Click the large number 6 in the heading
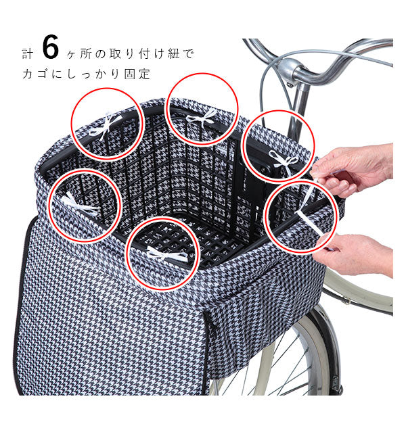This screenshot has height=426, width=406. pyautogui.click(x=51, y=47)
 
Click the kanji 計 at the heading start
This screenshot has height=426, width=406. pyautogui.click(x=28, y=54)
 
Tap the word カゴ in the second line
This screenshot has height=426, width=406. pyautogui.click(x=35, y=74)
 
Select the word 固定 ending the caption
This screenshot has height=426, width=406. pyautogui.click(x=137, y=74)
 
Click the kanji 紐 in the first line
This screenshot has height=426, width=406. pyautogui.click(x=174, y=53)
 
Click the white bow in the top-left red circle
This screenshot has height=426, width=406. pyautogui.click(x=106, y=126)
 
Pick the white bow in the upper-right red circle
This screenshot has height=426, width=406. pyautogui.click(x=284, y=162)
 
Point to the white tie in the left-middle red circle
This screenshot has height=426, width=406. pyautogui.click(x=81, y=206)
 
